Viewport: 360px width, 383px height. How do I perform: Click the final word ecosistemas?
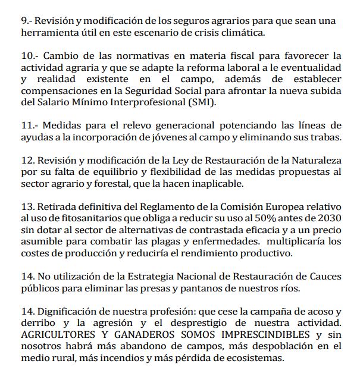[254, 359]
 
